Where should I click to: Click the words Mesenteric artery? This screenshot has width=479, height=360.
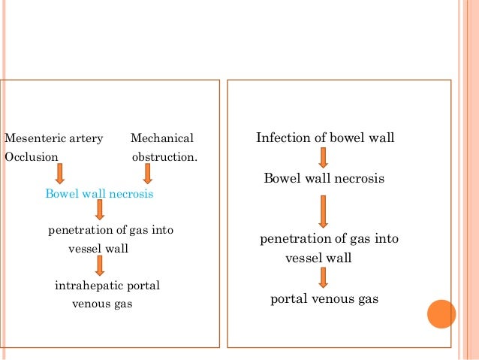point(54,139)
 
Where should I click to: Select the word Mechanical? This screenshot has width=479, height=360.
point(161,139)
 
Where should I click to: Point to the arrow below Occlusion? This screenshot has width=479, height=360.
point(60,174)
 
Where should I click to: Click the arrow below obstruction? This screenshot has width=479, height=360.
point(147,174)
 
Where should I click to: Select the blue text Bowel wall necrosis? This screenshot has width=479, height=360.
point(99,195)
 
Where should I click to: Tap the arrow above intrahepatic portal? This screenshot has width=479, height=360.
point(99,265)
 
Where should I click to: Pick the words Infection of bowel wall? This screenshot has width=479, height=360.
point(325,138)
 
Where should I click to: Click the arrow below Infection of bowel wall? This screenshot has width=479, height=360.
point(323,158)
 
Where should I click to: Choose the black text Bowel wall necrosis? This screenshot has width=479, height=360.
point(324,179)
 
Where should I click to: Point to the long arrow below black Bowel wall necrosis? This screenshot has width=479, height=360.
point(323,211)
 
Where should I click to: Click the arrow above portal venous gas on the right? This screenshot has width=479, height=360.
point(323,278)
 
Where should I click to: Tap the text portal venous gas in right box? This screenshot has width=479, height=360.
point(324,299)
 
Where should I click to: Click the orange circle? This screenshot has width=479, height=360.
point(441,314)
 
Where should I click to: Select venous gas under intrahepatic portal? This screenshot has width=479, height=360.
point(102,304)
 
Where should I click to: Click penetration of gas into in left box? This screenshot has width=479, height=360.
point(110,230)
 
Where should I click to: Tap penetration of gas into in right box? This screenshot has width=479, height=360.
point(329,239)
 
